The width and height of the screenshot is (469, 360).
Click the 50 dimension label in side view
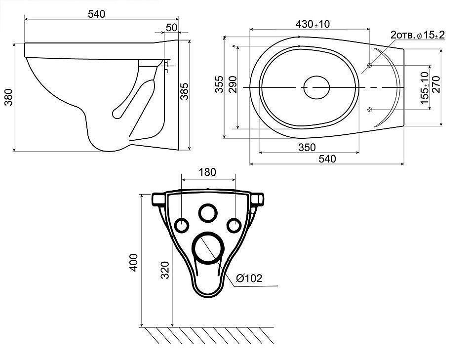pyautogui.click(x=171, y=27)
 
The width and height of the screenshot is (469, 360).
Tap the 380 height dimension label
pyautogui.click(x=9, y=97)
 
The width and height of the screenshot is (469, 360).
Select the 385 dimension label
pyautogui.click(x=185, y=91)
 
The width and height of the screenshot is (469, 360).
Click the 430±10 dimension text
pyautogui.click(x=313, y=24)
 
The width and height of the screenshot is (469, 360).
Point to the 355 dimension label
pyautogui.click(x=220, y=84)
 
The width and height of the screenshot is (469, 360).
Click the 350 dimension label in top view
pyautogui.click(x=307, y=147)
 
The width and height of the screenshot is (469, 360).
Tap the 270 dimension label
pyautogui.click(x=436, y=84)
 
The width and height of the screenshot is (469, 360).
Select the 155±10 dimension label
pyautogui.click(x=425, y=88)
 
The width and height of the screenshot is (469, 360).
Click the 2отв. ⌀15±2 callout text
pyautogui.click(x=418, y=35)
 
